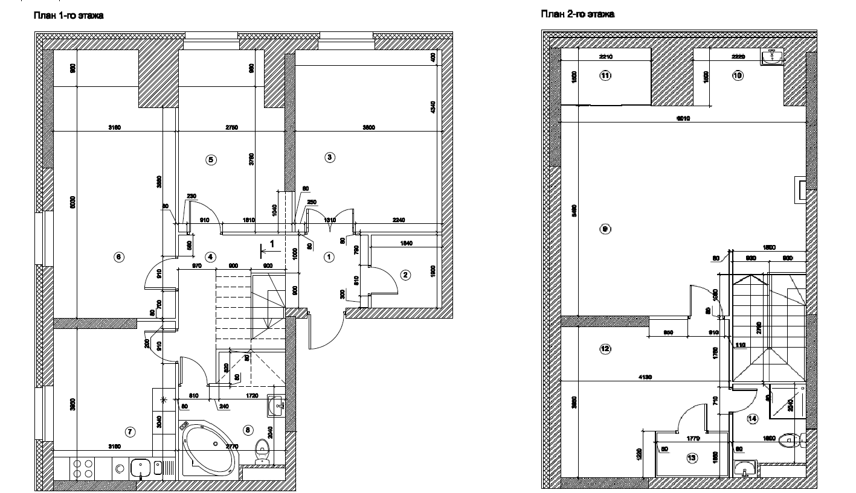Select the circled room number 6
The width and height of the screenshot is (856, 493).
(118, 257)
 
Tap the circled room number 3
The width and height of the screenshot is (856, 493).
(330, 157)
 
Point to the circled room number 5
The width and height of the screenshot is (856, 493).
(211, 160)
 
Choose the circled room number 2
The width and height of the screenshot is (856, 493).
(406, 275)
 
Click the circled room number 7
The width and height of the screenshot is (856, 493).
(129, 431)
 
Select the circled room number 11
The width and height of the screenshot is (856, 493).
(605, 75)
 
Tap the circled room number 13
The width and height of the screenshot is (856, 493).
(692, 458)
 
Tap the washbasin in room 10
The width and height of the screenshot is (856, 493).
(773, 57)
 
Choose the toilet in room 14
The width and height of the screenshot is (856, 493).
(789, 441)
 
